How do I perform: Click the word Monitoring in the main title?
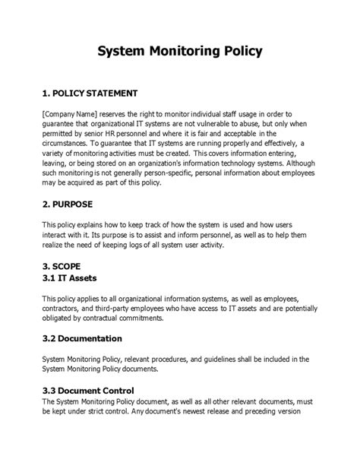[x=180, y=52]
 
